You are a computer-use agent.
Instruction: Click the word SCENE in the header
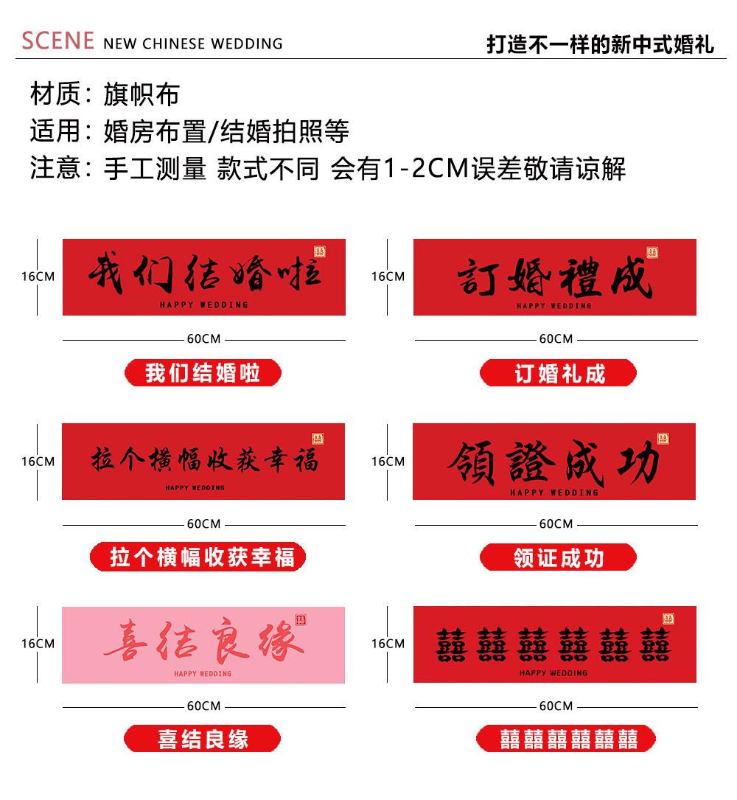(x=57, y=41)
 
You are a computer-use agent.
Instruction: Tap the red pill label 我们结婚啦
(x=203, y=373)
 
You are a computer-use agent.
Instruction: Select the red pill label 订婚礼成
(x=558, y=373)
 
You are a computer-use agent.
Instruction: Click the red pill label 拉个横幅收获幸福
(x=198, y=557)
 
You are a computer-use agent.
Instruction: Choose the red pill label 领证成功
(x=558, y=557)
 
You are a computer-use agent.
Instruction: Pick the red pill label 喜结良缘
(x=203, y=738)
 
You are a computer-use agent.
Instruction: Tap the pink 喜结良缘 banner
(x=203, y=645)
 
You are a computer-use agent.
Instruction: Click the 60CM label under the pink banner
(x=203, y=706)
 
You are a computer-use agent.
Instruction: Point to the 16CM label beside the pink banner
(x=38, y=644)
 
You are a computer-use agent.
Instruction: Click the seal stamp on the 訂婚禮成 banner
(x=652, y=253)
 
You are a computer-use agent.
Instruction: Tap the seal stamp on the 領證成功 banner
(x=663, y=439)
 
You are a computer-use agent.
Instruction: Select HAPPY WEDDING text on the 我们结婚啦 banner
(x=204, y=305)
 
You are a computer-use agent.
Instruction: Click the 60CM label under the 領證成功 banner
(x=556, y=524)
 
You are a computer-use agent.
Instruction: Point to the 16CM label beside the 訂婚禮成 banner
(x=388, y=276)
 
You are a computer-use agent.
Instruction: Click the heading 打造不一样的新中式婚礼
(x=601, y=44)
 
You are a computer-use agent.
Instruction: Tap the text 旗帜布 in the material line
(x=142, y=94)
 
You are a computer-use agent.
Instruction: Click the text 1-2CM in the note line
(x=426, y=168)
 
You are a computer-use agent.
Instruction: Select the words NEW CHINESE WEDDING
(x=193, y=44)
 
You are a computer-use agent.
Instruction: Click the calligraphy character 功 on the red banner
(x=638, y=462)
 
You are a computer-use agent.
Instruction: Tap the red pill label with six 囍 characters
(x=565, y=738)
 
